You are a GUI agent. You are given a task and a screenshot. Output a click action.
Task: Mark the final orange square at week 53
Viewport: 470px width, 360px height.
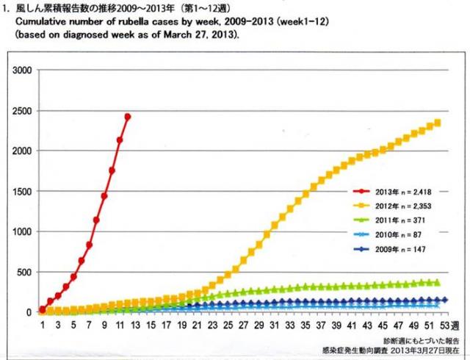tap(438, 123)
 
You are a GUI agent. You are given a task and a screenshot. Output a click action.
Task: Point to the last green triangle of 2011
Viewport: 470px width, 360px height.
tap(438, 283)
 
